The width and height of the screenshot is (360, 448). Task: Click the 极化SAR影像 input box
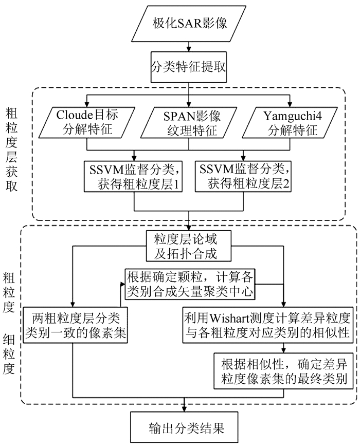coord(189,23)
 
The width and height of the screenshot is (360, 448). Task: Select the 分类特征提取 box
coord(189,67)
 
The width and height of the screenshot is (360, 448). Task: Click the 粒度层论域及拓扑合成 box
coord(189,246)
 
